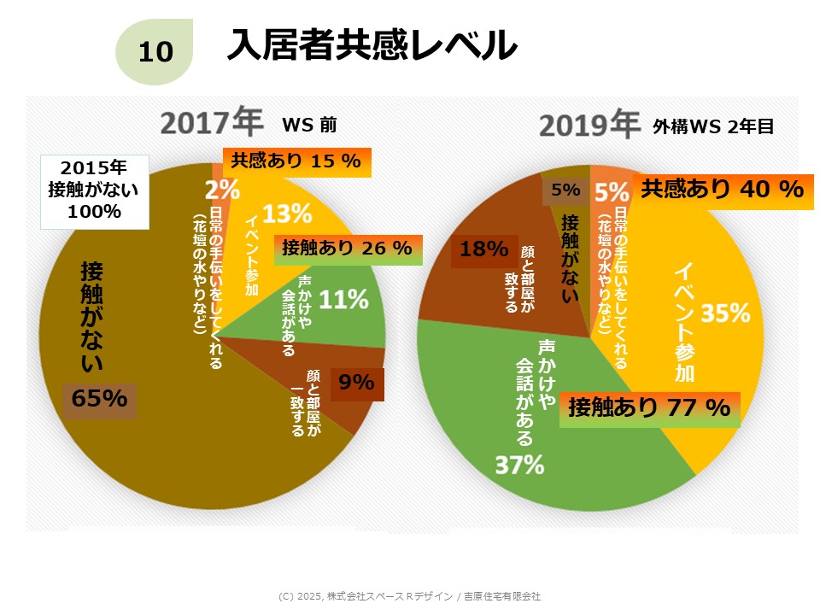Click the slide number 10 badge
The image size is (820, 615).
[x=155, y=52]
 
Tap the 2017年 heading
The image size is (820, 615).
[x=211, y=123]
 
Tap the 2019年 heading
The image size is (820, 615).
[x=589, y=125]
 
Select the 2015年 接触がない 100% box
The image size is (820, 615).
[x=95, y=192]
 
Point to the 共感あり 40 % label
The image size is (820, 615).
[x=722, y=188]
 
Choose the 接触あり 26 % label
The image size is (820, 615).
[x=346, y=249]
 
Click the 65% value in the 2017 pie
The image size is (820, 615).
[x=99, y=399]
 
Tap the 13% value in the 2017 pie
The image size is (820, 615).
[x=287, y=213]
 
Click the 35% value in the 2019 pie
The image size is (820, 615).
[x=725, y=313]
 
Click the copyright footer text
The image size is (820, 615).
[x=409, y=596]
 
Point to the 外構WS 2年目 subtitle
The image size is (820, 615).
[x=713, y=126]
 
